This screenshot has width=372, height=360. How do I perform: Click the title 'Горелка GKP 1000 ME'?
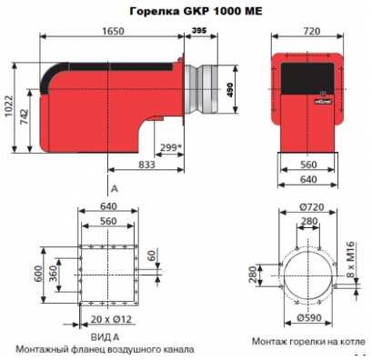click(x=196, y=11)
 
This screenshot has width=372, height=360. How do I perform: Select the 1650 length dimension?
click(x=113, y=31)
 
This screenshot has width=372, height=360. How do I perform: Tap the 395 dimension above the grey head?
click(x=199, y=30)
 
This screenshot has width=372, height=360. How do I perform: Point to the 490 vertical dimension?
click(x=230, y=90)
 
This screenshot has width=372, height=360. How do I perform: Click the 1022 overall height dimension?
click(x=8, y=106)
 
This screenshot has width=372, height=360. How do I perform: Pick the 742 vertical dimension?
click(x=24, y=116)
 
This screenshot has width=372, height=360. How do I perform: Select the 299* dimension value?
click(x=171, y=147)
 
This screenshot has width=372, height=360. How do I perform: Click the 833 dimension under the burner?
click(x=146, y=165)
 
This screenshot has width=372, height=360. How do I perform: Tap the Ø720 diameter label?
click(x=312, y=207)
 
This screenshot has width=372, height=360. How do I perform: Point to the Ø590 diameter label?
click(x=309, y=318)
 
